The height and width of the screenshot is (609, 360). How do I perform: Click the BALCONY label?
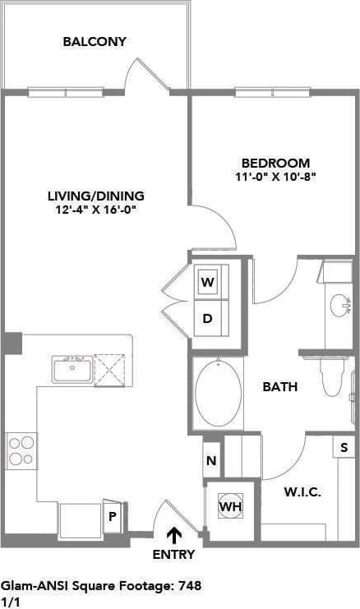click(95, 41)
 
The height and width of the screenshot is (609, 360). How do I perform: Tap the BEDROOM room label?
click(275, 163)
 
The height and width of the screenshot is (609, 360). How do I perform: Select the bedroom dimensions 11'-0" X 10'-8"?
click(275, 176)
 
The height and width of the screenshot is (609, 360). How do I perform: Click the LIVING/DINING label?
click(95, 196)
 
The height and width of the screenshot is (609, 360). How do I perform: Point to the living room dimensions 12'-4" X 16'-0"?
click(95, 209)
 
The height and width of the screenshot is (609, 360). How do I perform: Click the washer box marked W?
click(208, 283)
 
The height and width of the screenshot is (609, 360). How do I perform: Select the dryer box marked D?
click(208, 318)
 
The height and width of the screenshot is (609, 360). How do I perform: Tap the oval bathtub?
click(219, 393)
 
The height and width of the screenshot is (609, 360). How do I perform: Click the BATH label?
click(279, 386)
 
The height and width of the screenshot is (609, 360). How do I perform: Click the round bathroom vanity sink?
click(339, 306)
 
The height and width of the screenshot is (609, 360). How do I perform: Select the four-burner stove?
click(21, 450)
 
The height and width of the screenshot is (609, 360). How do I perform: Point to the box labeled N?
click(211, 461)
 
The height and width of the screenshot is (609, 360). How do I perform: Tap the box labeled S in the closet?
click(342, 448)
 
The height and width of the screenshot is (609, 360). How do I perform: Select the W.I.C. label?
click(302, 492)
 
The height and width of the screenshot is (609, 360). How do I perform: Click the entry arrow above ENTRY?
click(174, 536)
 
